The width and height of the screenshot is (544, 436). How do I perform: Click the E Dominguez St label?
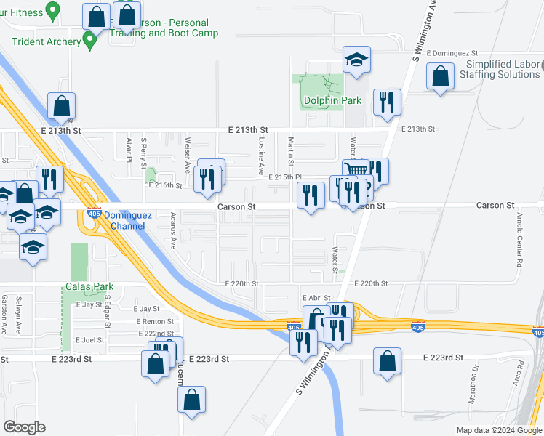(452, 53)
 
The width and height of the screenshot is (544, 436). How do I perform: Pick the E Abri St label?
(316, 298)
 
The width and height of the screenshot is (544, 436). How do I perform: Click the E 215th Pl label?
(285, 177)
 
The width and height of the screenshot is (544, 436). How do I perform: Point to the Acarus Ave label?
(173, 230)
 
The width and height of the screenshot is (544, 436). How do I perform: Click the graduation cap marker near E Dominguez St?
(356, 60)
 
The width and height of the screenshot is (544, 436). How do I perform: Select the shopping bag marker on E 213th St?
(62, 106)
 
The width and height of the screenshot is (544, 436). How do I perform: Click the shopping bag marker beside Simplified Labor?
(440, 77)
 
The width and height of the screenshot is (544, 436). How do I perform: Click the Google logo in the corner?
(25, 427)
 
